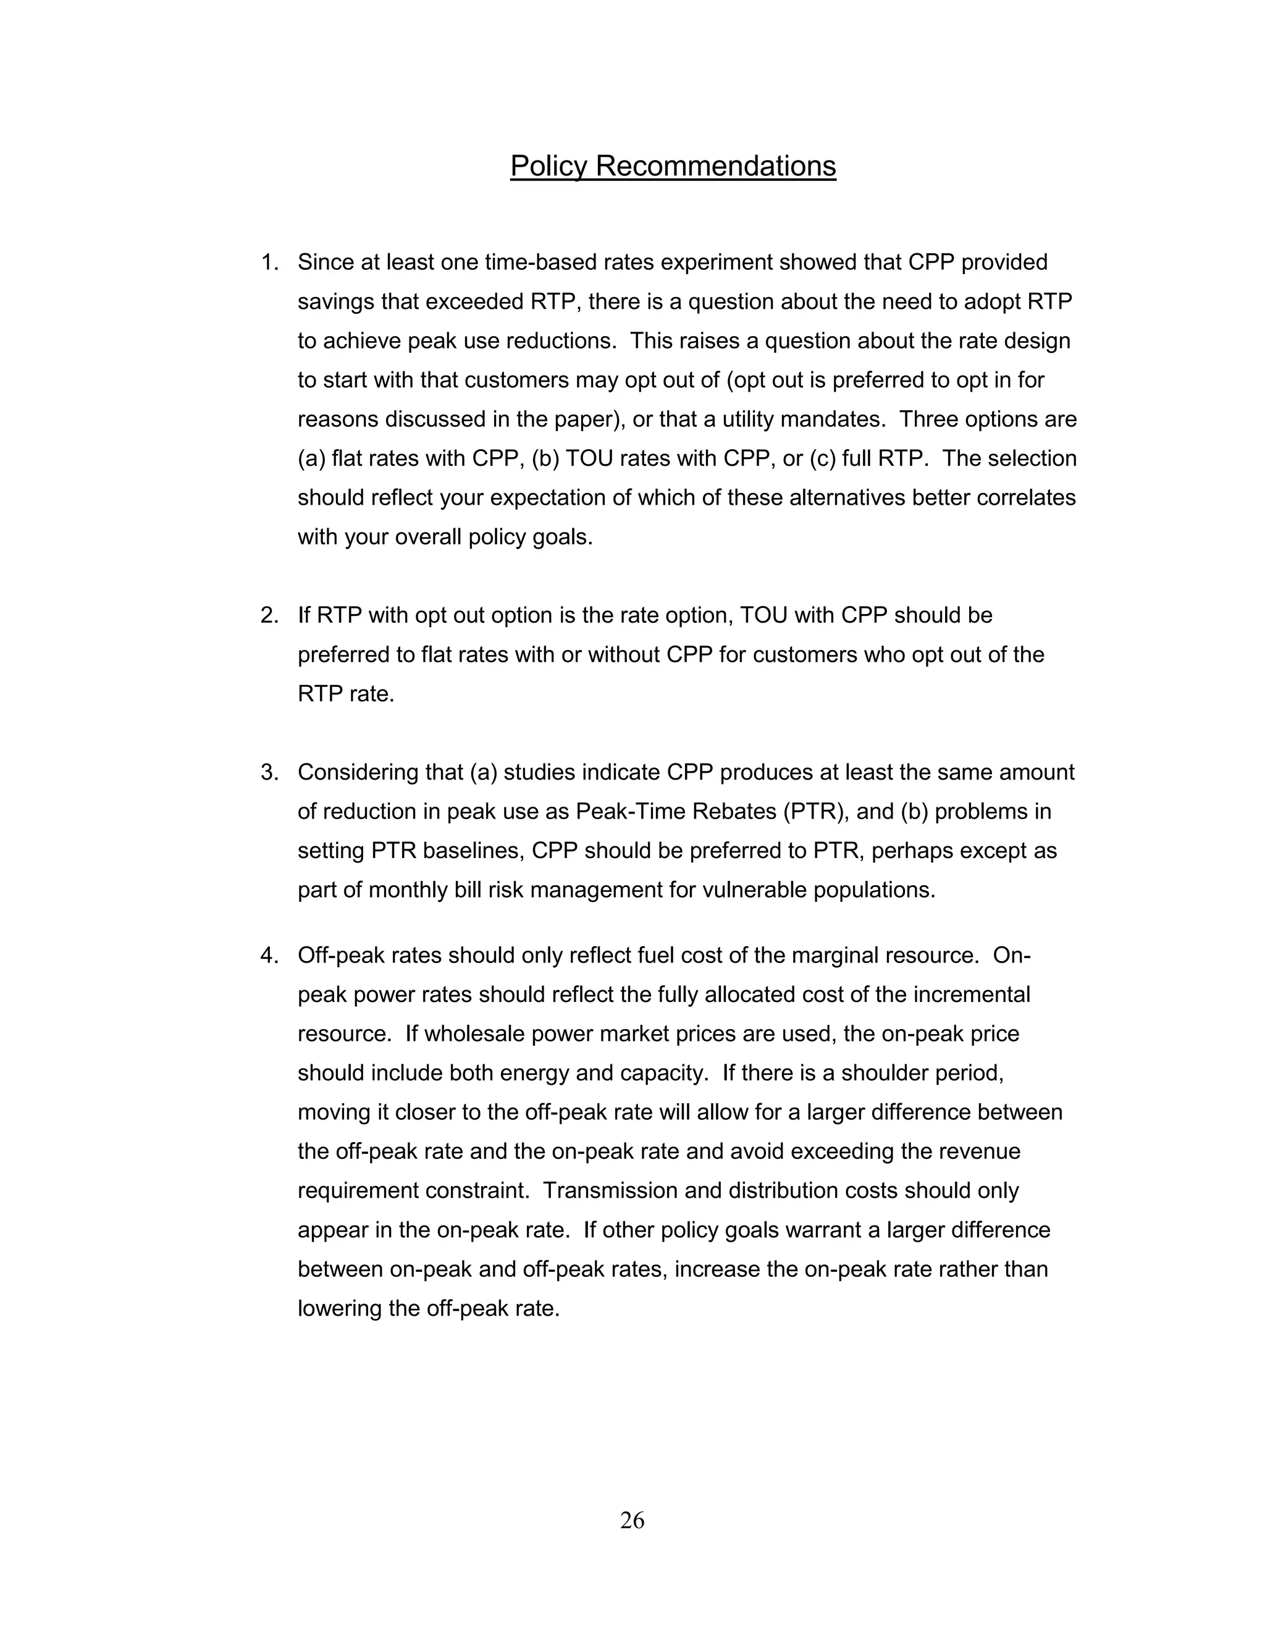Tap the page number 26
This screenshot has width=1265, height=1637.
pyautogui.click(x=632, y=1520)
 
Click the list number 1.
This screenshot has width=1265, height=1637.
pyautogui.click(x=269, y=263)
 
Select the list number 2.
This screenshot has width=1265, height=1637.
pyautogui.click(x=269, y=615)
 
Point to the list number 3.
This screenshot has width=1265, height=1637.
pyautogui.click(x=269, y=772)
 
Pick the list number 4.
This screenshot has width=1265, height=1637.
pyautogui.click(x=269, y=956)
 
